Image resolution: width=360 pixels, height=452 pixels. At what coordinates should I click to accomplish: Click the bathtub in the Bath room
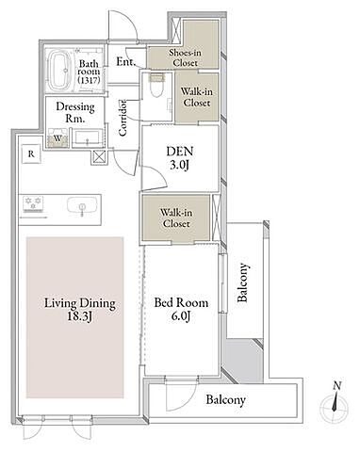59,70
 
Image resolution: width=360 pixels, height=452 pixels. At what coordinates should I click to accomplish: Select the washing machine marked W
57,137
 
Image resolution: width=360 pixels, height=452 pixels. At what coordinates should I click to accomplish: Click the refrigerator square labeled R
31,153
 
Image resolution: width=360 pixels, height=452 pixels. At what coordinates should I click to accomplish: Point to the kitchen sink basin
82,205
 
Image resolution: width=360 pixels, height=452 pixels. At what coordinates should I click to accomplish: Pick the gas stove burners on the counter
33,203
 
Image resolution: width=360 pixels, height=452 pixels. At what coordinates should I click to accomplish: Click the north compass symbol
335,402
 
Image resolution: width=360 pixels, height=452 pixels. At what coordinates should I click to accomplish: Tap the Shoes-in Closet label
186,57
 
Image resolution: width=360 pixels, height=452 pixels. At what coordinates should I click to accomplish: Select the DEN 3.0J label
180,158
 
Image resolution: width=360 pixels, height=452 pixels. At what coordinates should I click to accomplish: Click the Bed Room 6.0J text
181,309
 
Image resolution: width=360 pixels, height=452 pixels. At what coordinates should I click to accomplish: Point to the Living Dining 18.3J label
80,310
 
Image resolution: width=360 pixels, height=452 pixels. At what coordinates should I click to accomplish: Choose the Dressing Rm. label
75,113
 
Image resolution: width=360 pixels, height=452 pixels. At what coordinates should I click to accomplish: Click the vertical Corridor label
123,118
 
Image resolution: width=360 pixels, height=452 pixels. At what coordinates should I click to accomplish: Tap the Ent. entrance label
126,61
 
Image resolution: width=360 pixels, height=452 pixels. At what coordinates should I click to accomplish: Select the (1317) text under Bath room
89,80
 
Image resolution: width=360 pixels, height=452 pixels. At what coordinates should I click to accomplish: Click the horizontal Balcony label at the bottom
225,400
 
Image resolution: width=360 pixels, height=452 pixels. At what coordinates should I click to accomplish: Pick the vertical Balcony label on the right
243,282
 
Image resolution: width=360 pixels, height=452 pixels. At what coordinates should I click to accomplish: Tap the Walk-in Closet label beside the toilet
197,97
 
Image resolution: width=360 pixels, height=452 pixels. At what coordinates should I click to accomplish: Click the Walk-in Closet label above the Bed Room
176,218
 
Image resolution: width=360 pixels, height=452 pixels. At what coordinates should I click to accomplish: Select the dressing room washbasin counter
88,137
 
